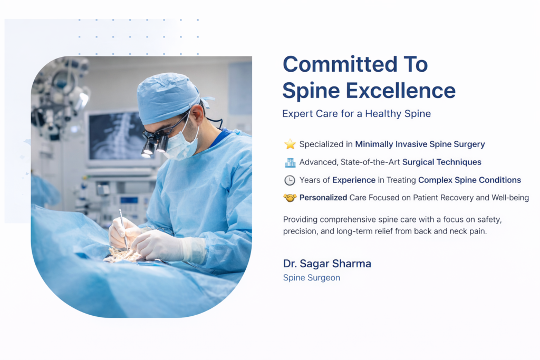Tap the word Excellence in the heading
401,91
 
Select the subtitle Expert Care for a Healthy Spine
356,113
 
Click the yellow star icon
290,144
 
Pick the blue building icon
290,162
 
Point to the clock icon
290,180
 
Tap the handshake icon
290,198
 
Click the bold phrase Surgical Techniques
442,162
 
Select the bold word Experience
354,180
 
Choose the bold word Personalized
323,198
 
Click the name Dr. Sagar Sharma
327,264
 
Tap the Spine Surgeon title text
311,278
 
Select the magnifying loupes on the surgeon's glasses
154,144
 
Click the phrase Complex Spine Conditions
469,180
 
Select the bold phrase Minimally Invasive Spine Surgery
420,144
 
